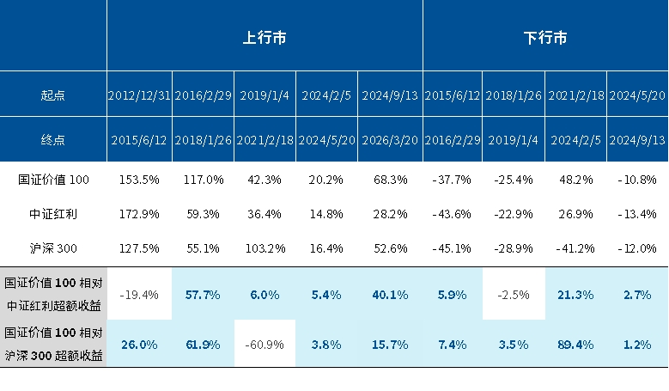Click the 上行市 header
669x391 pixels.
coord(265,38)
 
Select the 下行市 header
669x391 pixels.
coord(545,38)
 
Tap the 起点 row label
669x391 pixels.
coord(53,95)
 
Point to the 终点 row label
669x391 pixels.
coord(53,139)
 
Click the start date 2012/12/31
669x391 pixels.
coord(139,95)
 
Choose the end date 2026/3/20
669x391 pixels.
coord(391,140)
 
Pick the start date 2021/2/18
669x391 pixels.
coord(576,95)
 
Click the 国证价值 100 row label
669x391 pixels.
coord(53,180)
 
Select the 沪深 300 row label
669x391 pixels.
coord(53,248)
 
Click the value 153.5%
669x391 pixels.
coord(139,180)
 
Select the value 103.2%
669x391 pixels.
coord(265,248)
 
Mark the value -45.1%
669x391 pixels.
coord(453,248)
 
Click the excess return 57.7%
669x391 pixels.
coord(203,295)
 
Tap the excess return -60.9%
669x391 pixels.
coord(265,345)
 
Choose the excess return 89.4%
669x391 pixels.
coord(576,345)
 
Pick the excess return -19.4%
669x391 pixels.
coord(139,295)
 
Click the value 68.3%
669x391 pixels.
coord(391,180)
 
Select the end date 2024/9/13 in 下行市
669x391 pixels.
coord(637,140)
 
